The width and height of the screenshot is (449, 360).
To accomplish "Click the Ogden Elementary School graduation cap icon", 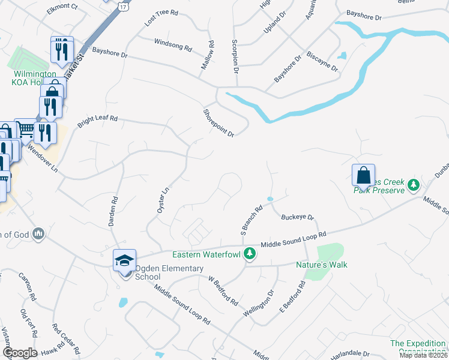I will pos(124,260).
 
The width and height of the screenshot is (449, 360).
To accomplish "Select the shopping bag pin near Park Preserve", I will pos(363,175).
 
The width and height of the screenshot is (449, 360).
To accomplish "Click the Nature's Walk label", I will pos(322,265).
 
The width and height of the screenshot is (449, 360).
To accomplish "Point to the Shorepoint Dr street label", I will pos(218,122).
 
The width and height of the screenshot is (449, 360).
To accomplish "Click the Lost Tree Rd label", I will pos(162,20).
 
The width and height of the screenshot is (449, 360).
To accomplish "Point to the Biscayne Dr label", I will pos(322,62).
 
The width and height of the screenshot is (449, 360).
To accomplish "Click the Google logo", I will pos(20,353).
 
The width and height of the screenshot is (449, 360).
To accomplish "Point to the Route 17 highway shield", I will pos(123,5).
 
